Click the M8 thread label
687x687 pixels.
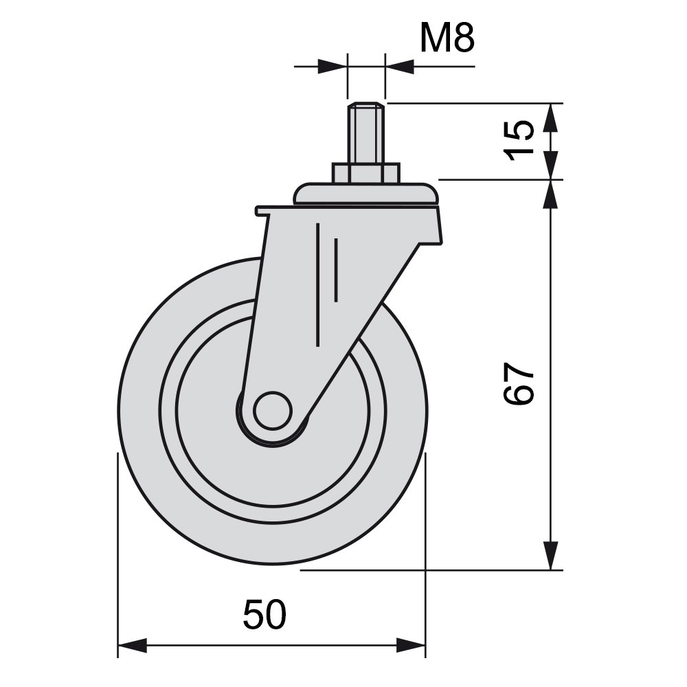click(x=447, y=38)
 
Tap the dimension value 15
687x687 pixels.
click(x=519, y=141)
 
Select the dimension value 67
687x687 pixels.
click(x=519, y=383)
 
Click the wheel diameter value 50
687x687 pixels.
click(x=264, y=615)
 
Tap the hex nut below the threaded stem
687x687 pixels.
click(x=366, y=173)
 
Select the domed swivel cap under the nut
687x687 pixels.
click(x=366, y=194)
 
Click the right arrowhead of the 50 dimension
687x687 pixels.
click(x=411, y=645)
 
